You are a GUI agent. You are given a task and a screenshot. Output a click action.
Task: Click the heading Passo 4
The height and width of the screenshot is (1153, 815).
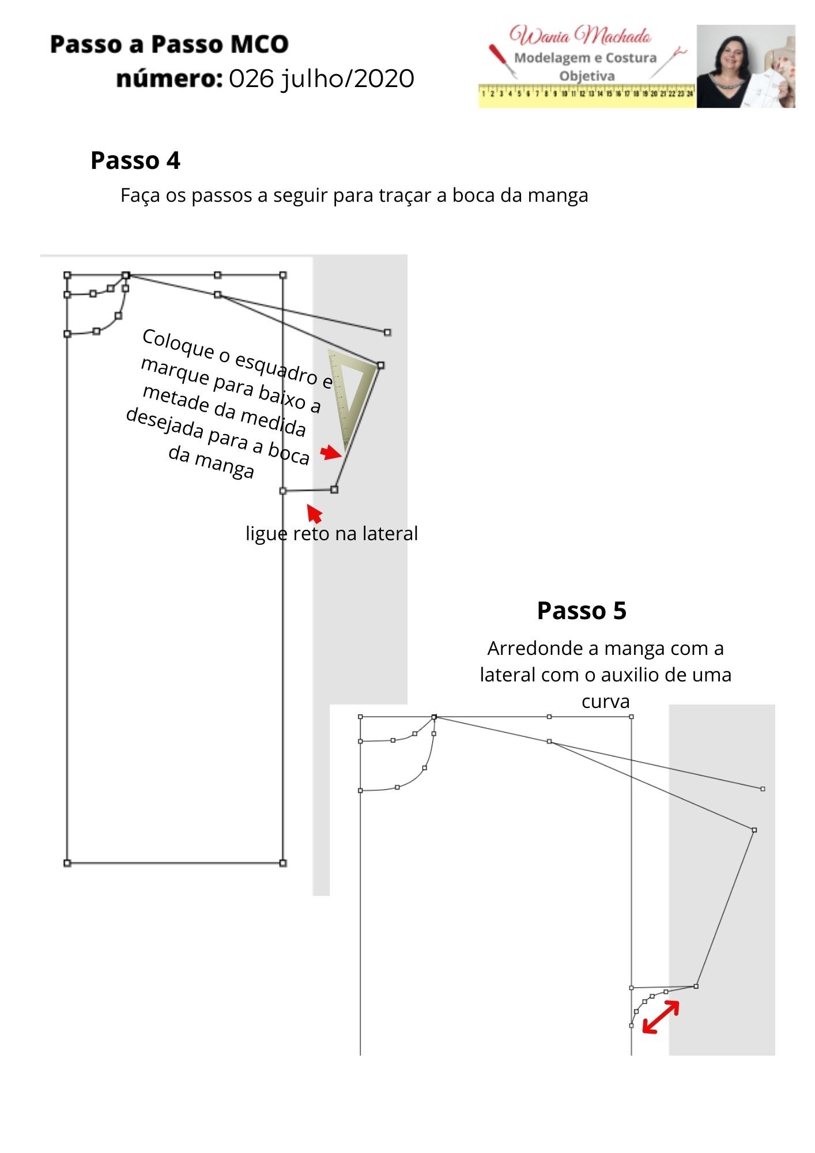135,160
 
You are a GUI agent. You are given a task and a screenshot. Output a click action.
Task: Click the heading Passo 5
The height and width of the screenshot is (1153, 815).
581,611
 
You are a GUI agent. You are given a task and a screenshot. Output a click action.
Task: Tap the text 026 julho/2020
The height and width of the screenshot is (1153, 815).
321,79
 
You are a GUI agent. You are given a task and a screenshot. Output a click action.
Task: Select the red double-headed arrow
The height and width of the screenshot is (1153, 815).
661,1017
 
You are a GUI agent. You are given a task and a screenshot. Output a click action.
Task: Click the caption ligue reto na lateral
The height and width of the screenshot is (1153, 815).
331,533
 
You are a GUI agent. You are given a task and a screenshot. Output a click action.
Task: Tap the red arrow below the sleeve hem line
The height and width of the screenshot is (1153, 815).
315,513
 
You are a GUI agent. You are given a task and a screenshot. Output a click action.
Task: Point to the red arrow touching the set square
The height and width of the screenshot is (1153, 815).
331,453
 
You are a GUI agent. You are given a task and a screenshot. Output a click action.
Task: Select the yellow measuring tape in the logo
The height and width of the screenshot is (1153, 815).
587,95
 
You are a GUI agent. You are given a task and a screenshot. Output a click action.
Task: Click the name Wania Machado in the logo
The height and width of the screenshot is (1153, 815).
580,36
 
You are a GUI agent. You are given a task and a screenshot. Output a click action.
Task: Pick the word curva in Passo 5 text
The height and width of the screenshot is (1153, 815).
605,702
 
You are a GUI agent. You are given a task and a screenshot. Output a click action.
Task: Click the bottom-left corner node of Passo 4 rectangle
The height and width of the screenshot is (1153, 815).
67,863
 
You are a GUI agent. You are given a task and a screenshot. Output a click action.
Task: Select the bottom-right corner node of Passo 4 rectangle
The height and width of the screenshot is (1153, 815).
283,863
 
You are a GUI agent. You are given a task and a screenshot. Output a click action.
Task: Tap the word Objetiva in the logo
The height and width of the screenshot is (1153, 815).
587,76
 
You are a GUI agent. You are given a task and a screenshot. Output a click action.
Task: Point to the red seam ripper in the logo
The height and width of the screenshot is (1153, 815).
500,60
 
